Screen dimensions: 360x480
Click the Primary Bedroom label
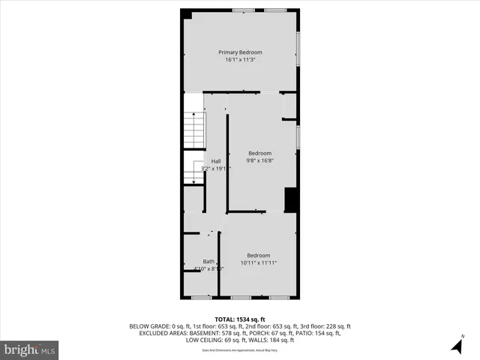click(x=240, y=52)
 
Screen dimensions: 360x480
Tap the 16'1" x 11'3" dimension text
click(x=240, y=60)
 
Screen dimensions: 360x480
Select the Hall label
click(x=216, y=161)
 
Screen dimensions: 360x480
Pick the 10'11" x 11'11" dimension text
click(x=259, y=262)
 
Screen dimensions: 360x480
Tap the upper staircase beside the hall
click(x=194, y=129)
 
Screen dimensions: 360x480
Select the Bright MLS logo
click(x=29, y=349)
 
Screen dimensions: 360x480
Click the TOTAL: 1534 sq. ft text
click(x=240, y=319)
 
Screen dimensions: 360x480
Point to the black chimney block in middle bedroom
click(x=291, y=200)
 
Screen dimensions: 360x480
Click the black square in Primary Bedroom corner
click(x=187, y=14)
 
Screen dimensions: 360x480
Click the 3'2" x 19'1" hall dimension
click(x=211, y=169)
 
